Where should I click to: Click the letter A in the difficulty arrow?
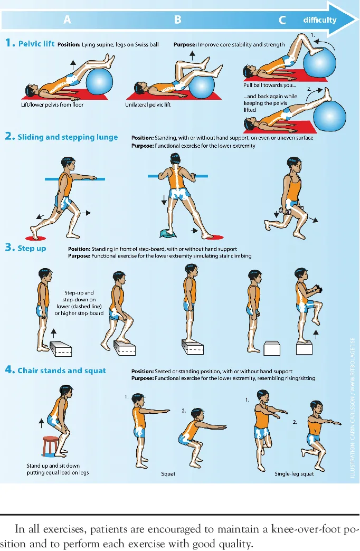67,20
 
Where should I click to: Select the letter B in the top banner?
177,20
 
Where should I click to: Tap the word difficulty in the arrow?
319,20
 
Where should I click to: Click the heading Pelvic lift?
36,44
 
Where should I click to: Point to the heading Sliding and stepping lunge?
68,137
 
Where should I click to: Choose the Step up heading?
32,249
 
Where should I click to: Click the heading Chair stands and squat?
62,370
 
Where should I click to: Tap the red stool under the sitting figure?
50,445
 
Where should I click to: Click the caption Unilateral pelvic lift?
148,104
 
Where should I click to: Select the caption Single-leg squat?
294,474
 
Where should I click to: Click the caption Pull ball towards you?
269,85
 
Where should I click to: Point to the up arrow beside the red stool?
42,423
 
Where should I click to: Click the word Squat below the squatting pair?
168,474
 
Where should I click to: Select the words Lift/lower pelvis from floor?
52,104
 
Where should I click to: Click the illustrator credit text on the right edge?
353,407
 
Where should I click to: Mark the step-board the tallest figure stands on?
193,347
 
